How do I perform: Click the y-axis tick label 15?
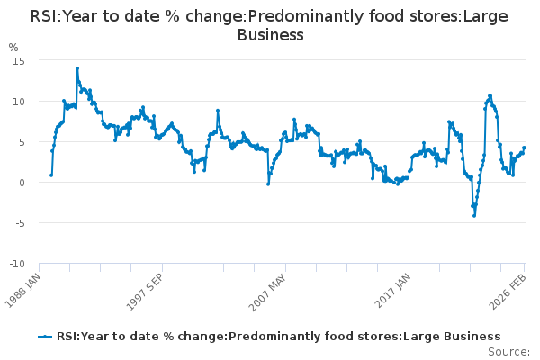18,60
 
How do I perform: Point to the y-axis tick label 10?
18,101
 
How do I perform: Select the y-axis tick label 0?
21,183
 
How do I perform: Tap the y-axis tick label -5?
18,223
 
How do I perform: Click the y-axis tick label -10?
15,264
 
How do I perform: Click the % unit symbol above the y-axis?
13,47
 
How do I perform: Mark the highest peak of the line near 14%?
77,67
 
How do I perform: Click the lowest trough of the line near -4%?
473,215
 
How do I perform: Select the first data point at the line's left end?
50,175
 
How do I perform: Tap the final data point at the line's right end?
524,148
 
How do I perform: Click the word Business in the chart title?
270,35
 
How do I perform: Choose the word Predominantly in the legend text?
267,337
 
